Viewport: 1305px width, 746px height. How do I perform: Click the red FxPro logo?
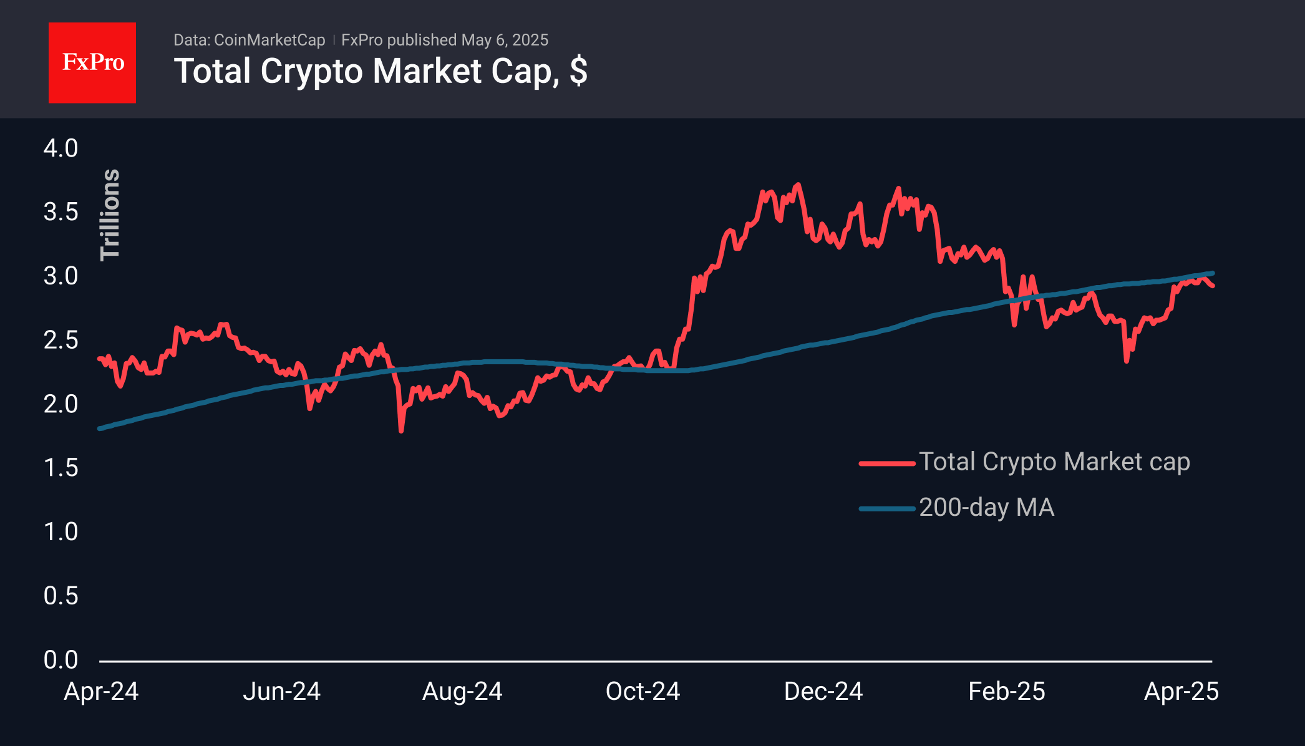[92, 62]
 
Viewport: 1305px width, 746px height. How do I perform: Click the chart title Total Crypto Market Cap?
[380, 71]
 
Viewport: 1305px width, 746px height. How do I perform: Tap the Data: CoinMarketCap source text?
[249, 40]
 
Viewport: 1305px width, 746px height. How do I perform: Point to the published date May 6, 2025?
[505, 40]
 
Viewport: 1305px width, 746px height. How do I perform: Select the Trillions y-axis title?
[110, 215]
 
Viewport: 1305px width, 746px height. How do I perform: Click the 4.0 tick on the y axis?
[61, 148]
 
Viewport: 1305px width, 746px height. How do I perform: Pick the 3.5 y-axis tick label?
[61, 212]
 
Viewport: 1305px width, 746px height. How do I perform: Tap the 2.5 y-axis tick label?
[61, 340]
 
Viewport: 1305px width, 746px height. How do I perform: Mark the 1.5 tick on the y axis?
[61, 468]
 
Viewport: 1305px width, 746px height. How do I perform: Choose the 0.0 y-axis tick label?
[61, 659]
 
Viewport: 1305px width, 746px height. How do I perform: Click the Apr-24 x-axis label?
[101, 691]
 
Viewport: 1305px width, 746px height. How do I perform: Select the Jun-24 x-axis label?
[281, 691]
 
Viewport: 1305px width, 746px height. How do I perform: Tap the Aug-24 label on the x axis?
[462, 691]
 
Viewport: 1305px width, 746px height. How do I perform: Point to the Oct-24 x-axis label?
[643, 691]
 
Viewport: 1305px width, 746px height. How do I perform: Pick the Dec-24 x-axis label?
[823, 691]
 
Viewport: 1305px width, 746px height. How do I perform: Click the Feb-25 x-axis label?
[1006, 691]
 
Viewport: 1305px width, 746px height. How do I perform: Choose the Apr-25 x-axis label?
[1181, 691]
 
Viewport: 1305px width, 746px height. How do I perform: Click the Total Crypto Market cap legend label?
[1054, 462]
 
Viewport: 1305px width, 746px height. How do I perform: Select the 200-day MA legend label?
[986, 508]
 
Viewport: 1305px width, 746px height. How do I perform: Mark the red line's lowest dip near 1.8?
[400, 429]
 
